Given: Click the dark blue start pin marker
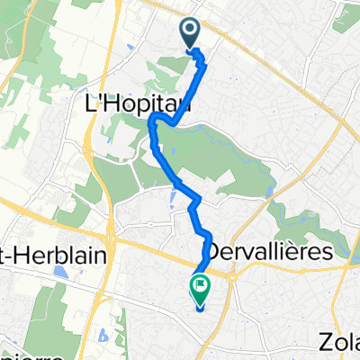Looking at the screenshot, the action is click(191, 34).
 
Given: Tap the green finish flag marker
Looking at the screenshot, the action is click(199, 288).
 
